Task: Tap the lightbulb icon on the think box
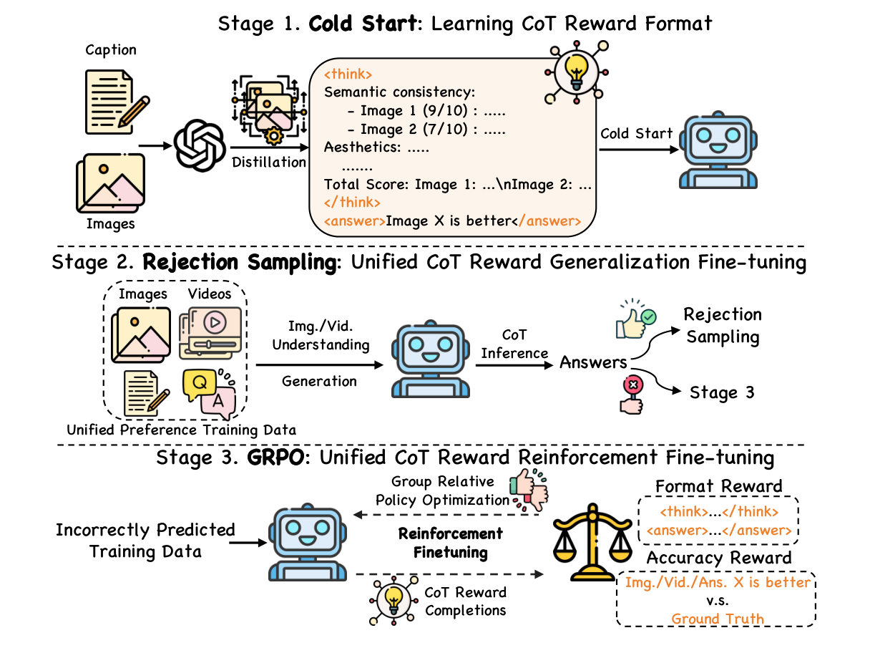[x=576, y=71]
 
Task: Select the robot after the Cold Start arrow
[x=710, y=151]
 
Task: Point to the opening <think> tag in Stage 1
[x=348, y=74]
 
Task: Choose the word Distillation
[x=268, y=163]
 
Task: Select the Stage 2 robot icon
[x=431, y=359]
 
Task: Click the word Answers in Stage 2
[x=593, y=362]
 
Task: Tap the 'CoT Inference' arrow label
[x=514, y=344]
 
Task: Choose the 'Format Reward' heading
[x=718, y=487]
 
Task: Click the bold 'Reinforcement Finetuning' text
[x=451, y=543]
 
